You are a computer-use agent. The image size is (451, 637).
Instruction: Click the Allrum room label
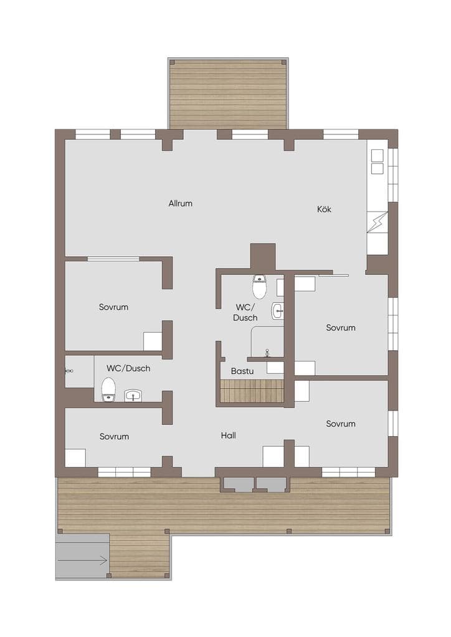180,203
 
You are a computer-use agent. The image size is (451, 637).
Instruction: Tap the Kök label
324,209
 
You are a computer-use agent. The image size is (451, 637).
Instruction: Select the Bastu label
242,371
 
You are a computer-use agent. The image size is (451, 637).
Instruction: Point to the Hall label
228,435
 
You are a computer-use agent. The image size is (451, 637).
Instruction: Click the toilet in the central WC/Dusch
260,286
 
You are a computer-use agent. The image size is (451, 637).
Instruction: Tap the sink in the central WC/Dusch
277,312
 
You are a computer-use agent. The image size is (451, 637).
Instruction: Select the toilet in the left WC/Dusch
108,389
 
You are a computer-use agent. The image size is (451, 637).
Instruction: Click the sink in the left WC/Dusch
133,395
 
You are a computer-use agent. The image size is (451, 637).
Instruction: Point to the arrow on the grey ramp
83,560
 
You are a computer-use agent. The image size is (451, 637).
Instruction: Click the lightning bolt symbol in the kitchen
377,222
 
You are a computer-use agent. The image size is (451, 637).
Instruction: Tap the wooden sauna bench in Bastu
251,391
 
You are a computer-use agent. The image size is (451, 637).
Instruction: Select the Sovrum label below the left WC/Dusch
114,437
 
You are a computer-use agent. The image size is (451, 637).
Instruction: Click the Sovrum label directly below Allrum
113,307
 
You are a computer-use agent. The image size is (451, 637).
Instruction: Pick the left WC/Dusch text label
128,368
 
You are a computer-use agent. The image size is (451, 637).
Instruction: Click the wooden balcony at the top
228,94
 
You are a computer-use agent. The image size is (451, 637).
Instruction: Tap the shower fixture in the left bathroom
69,371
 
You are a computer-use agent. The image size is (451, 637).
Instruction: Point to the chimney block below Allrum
263,257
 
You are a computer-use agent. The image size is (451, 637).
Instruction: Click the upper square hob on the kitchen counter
377,156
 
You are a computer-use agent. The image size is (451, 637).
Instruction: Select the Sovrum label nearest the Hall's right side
341,424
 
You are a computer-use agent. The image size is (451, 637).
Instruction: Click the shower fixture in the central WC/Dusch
267,352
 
